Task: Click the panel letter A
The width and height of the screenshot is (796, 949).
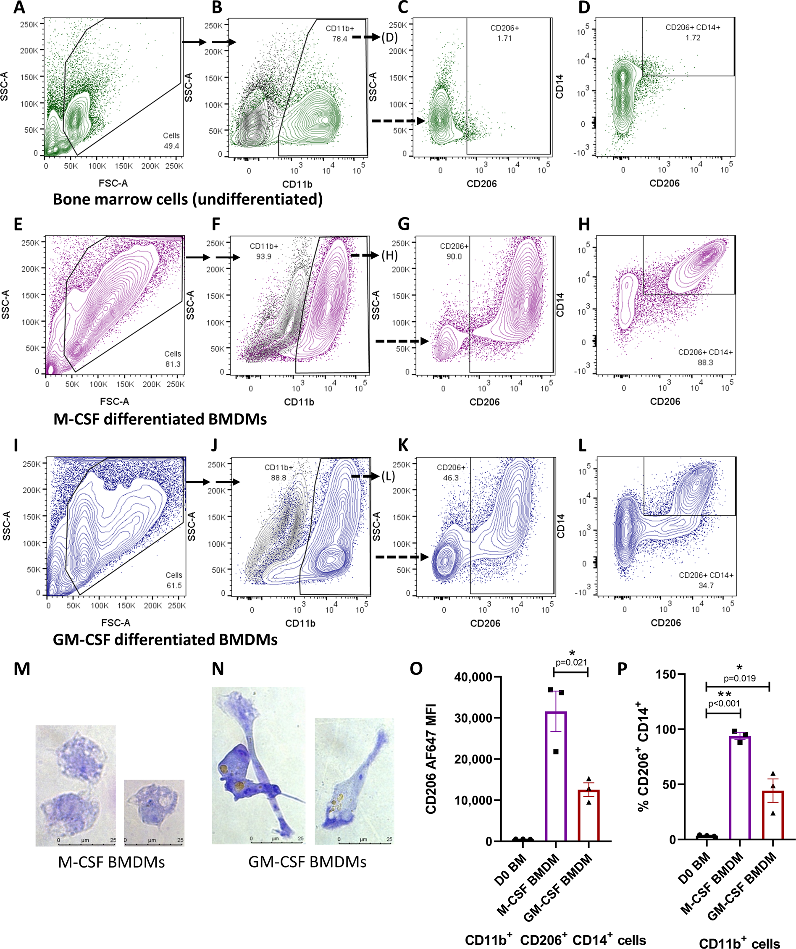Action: coord(19,8)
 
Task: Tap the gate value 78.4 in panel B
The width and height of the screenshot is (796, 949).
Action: coord(339,39)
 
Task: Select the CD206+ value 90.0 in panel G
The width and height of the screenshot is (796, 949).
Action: coord(454,257)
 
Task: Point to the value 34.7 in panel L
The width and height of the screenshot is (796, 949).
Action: coord(706,586)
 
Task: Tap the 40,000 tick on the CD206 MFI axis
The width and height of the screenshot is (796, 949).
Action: coord(473,677)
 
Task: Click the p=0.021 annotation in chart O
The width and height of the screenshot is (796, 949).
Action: coord(571,663)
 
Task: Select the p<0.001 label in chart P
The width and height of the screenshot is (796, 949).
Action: coord(724,704)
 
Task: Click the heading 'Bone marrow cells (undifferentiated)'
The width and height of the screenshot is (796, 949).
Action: coord(188,199)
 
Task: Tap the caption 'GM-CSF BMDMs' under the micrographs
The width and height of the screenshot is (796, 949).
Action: coord(307,862)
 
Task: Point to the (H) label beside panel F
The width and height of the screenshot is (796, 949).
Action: coord(389,256)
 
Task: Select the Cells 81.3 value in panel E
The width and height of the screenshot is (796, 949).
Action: coord(173,364)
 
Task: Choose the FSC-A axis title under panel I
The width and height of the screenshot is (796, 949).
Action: coord(116,623)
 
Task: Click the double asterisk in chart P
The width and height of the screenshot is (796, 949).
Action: coord(725,694)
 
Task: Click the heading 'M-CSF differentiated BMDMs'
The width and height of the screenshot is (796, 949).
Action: coord(160,419)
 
